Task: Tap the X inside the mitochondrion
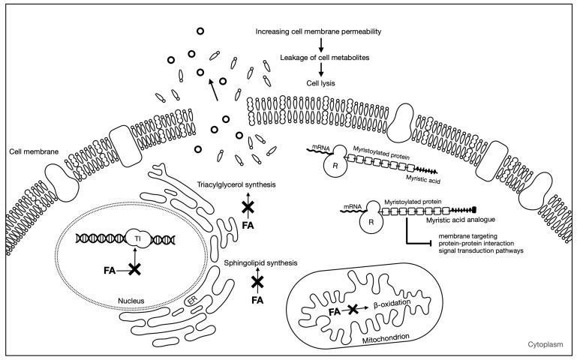351,307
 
